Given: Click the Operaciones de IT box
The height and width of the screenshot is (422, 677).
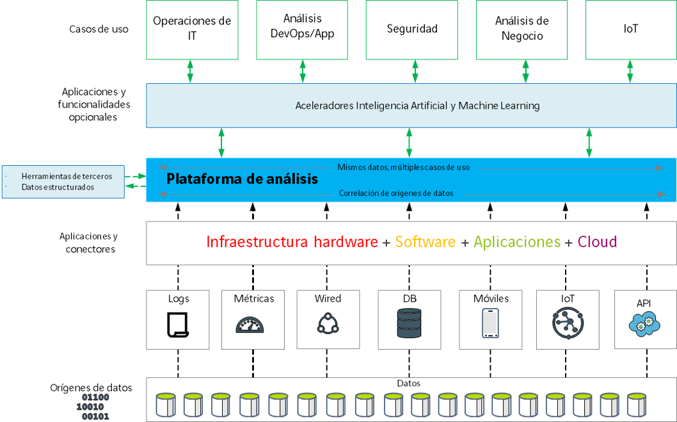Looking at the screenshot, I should pyautogui.click(x=192, y=29).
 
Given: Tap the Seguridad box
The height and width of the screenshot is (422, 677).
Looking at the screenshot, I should pyautogui.click(x=412, y=29).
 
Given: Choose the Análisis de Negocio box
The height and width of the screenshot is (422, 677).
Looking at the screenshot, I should pyautogui.click(x=522, y=29).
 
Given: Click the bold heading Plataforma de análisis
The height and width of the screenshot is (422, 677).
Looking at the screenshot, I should pyautogui.click(x=242, y=179).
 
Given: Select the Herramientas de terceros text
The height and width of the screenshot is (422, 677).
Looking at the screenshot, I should pyautogui.click(x=67, y=176).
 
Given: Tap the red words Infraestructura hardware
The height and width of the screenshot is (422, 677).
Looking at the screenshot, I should pyautogui.click(x=292, y=242).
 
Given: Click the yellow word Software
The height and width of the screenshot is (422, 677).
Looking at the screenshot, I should pyautogui.click(x=426, y=242).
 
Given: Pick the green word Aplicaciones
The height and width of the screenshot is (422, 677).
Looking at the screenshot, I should pyautogui.click(x=517, y=242).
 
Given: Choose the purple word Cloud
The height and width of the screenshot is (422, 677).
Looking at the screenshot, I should pyautogui.click(x=597, y=242).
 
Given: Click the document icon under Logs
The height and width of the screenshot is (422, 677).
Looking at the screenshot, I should pyautogui.click(x=178, y=324).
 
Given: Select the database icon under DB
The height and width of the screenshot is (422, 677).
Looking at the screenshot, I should pyautogui.click(x=410, y=323).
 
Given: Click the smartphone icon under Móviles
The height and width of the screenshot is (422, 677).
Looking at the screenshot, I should pyautogui.click(x=491, y=323).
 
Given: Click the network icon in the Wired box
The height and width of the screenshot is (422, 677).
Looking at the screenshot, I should pyautogui.click(x=328, y=323).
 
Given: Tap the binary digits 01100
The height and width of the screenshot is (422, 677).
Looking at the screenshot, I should pyautogui.click(x=95, y=397).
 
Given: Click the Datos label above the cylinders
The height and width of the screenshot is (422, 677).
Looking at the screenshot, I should pyautogui.click(x=409, y=383).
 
